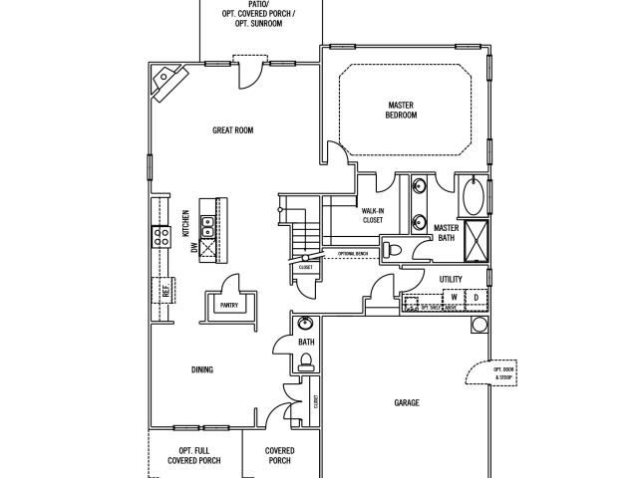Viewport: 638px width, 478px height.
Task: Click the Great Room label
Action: tap(235, 130)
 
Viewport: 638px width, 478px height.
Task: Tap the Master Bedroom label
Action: tap(402, 110)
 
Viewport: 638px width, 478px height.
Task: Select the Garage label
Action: tap(406, 402)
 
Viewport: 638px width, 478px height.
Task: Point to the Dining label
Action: tap(202, 369)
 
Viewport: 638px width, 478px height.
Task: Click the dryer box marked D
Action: tap(476, 298)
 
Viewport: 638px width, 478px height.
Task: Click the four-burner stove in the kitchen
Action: tap(159, 236)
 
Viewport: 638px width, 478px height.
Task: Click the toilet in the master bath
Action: tap(394, 248)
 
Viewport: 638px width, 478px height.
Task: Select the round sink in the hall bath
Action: tap(305, 324)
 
